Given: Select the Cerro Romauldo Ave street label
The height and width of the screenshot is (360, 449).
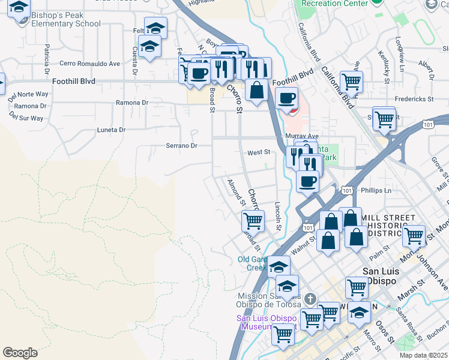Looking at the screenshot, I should coord(89,63).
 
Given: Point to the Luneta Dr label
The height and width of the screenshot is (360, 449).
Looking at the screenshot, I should coord(111,130).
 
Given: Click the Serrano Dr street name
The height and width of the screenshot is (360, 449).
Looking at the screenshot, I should coord(181,145).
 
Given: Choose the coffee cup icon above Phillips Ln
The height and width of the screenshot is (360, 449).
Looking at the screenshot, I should coord(307,181).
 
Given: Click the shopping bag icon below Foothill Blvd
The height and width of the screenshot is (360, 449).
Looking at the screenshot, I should coord(256,91).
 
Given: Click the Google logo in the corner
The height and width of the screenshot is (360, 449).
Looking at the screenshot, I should coord(20,353).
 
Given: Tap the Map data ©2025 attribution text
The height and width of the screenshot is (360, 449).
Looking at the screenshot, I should coord(423,355).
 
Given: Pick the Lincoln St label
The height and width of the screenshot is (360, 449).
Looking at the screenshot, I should coord(278,216).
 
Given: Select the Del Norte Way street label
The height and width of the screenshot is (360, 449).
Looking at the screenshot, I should coord(28,94).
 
